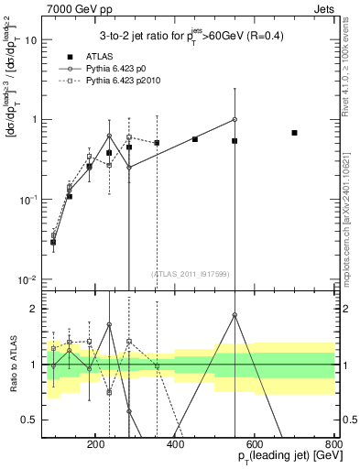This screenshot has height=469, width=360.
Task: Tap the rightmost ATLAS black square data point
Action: (x=294, y=133)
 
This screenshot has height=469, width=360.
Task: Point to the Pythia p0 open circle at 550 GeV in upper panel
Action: (x=235, y=119)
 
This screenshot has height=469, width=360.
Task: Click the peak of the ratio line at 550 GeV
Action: (x=235, y=314)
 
